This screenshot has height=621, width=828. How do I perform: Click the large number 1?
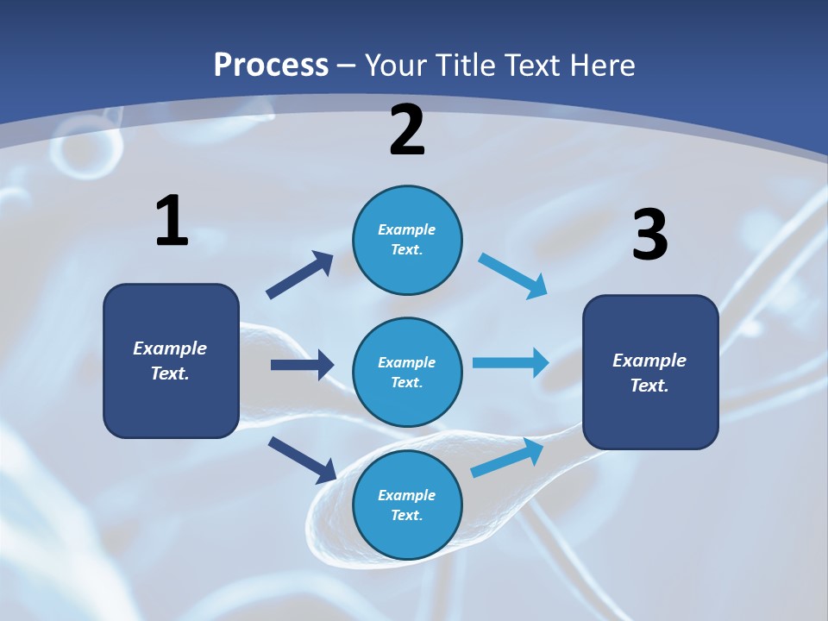click(172, 222)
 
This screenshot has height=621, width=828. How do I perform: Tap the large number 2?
click(407, 130)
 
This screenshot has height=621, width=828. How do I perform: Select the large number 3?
click(649, 235)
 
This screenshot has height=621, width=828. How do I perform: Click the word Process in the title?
click(271, 65)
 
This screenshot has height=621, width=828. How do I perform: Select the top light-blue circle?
click(407, 240)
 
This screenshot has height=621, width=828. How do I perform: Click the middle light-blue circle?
click(407, 372)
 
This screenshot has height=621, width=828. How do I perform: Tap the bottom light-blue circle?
click(407, 505)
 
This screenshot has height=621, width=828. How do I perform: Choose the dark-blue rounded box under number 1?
click(171, 361)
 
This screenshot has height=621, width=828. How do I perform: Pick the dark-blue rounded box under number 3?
click(650, 372)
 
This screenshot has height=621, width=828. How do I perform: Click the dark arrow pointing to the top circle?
click(300, 275)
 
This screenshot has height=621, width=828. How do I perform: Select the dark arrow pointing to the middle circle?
click(302, 365)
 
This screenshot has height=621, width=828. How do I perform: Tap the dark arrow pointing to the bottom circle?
click(302, 459)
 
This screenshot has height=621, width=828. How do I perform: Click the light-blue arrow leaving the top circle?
click(513, 276)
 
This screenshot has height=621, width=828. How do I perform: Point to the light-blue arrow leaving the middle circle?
click(511, 362)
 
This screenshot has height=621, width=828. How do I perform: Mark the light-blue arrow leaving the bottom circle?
click(507, 458)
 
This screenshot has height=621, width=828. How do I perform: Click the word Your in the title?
click(394, 65)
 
